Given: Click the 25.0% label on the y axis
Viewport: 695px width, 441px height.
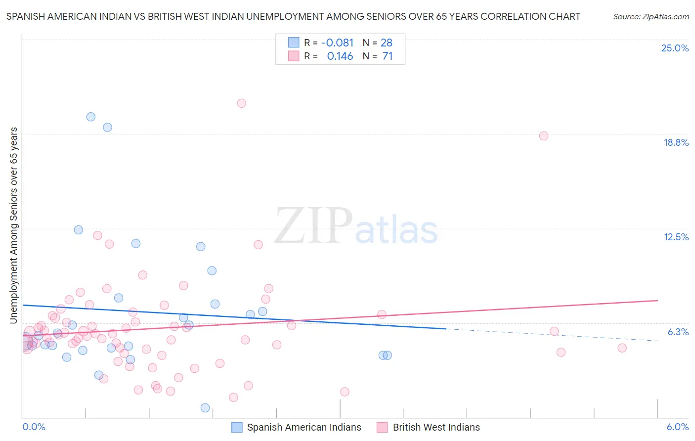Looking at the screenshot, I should pos(675,48).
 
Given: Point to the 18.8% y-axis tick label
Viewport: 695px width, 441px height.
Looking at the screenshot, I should pos(676,142).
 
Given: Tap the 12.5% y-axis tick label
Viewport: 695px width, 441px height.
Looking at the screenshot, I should pos(676,237).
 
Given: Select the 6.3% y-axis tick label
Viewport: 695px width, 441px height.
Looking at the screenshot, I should pos(678,332).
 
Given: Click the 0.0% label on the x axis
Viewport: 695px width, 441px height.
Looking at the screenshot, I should pos(34,427).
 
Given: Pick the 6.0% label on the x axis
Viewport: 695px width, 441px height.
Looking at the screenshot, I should pos(677,427).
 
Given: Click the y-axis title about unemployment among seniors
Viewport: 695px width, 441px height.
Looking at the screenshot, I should pos(13,225).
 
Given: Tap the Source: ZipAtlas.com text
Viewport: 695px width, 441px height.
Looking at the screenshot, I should pos(651,17).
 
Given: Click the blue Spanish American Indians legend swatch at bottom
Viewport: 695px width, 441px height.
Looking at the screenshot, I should pos(237,427).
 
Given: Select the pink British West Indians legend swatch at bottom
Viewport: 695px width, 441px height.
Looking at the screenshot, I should pos(382,427).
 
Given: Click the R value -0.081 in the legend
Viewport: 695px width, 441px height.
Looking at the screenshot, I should pos(337,43).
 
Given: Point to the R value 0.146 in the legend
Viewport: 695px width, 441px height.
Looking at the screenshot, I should pos(340,56).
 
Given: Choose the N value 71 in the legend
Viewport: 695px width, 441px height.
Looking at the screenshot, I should pos(388,56).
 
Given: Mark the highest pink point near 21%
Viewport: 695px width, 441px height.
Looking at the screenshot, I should pos(241,103).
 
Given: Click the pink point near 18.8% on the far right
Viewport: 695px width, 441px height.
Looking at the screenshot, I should pos(544,136).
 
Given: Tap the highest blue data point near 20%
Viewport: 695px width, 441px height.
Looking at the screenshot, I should pos(91,117).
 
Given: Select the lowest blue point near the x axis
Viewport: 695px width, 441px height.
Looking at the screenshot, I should pos(205,408).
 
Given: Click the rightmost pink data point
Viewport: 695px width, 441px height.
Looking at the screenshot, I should pos(622,348).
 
